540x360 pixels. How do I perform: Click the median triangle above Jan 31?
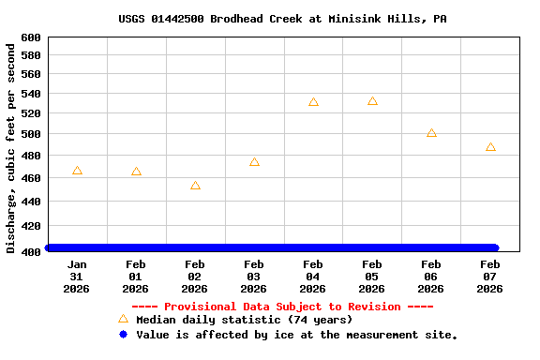77,171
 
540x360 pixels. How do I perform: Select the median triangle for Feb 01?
136,172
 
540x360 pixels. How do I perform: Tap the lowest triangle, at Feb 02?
195,186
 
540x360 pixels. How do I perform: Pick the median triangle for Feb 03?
254,162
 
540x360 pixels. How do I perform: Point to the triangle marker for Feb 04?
313,102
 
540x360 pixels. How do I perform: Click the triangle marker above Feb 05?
372,101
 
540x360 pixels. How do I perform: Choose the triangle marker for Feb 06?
431,133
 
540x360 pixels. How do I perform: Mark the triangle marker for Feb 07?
490,147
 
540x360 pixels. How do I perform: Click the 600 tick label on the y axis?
31,37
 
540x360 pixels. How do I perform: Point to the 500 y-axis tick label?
31,133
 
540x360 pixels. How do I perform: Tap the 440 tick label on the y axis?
31,202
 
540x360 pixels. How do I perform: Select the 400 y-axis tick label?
31,251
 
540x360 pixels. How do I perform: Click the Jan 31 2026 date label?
77,277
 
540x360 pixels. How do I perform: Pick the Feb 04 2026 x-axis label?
313,277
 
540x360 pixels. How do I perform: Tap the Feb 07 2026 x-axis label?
490,277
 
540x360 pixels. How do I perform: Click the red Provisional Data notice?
282,307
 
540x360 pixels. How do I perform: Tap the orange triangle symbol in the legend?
123,319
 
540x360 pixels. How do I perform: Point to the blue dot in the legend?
123,335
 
